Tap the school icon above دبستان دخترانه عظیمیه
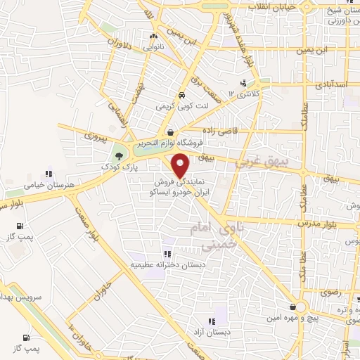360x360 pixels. coord(167,254)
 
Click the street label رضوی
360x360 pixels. coord(330,290)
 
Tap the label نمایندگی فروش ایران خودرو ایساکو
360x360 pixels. coord(180,186)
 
